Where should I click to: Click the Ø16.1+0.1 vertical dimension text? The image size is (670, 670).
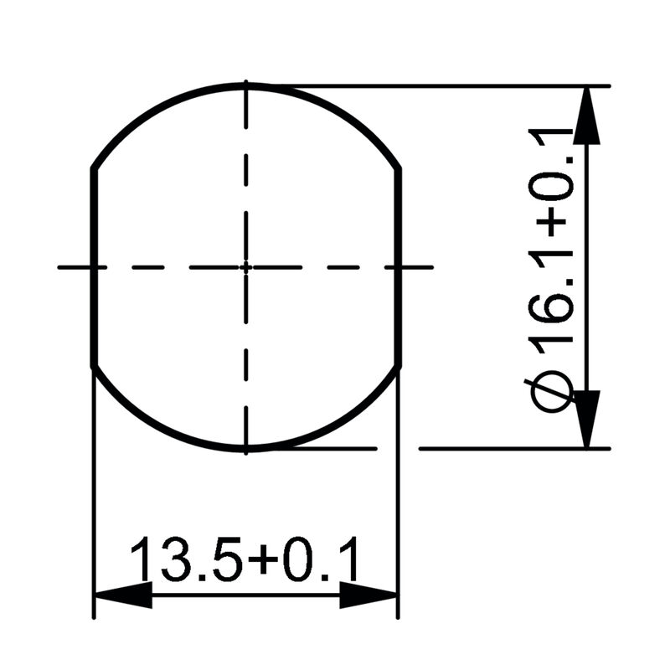[553, 268]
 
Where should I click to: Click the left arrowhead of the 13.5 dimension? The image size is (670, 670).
[121, 595]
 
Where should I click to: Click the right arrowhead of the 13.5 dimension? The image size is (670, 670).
[368, 595]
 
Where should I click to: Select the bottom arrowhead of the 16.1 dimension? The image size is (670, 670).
[590, 419]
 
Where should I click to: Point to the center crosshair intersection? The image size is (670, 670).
[245, 267]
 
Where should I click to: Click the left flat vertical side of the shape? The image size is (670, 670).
[92, 268]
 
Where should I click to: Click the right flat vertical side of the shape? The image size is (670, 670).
[399, 268]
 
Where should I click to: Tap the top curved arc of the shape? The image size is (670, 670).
[245, 85]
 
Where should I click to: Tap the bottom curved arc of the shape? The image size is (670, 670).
[245, 450]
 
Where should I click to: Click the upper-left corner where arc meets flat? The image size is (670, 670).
[92, 168]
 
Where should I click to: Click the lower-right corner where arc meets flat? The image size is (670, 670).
[399, 366]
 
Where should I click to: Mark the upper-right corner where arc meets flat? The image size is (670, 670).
[399, 168]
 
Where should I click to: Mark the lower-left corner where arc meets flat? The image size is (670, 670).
[92, 366]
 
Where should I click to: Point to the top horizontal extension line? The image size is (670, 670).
[435, 85]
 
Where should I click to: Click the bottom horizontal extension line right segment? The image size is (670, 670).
[511, 448]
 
